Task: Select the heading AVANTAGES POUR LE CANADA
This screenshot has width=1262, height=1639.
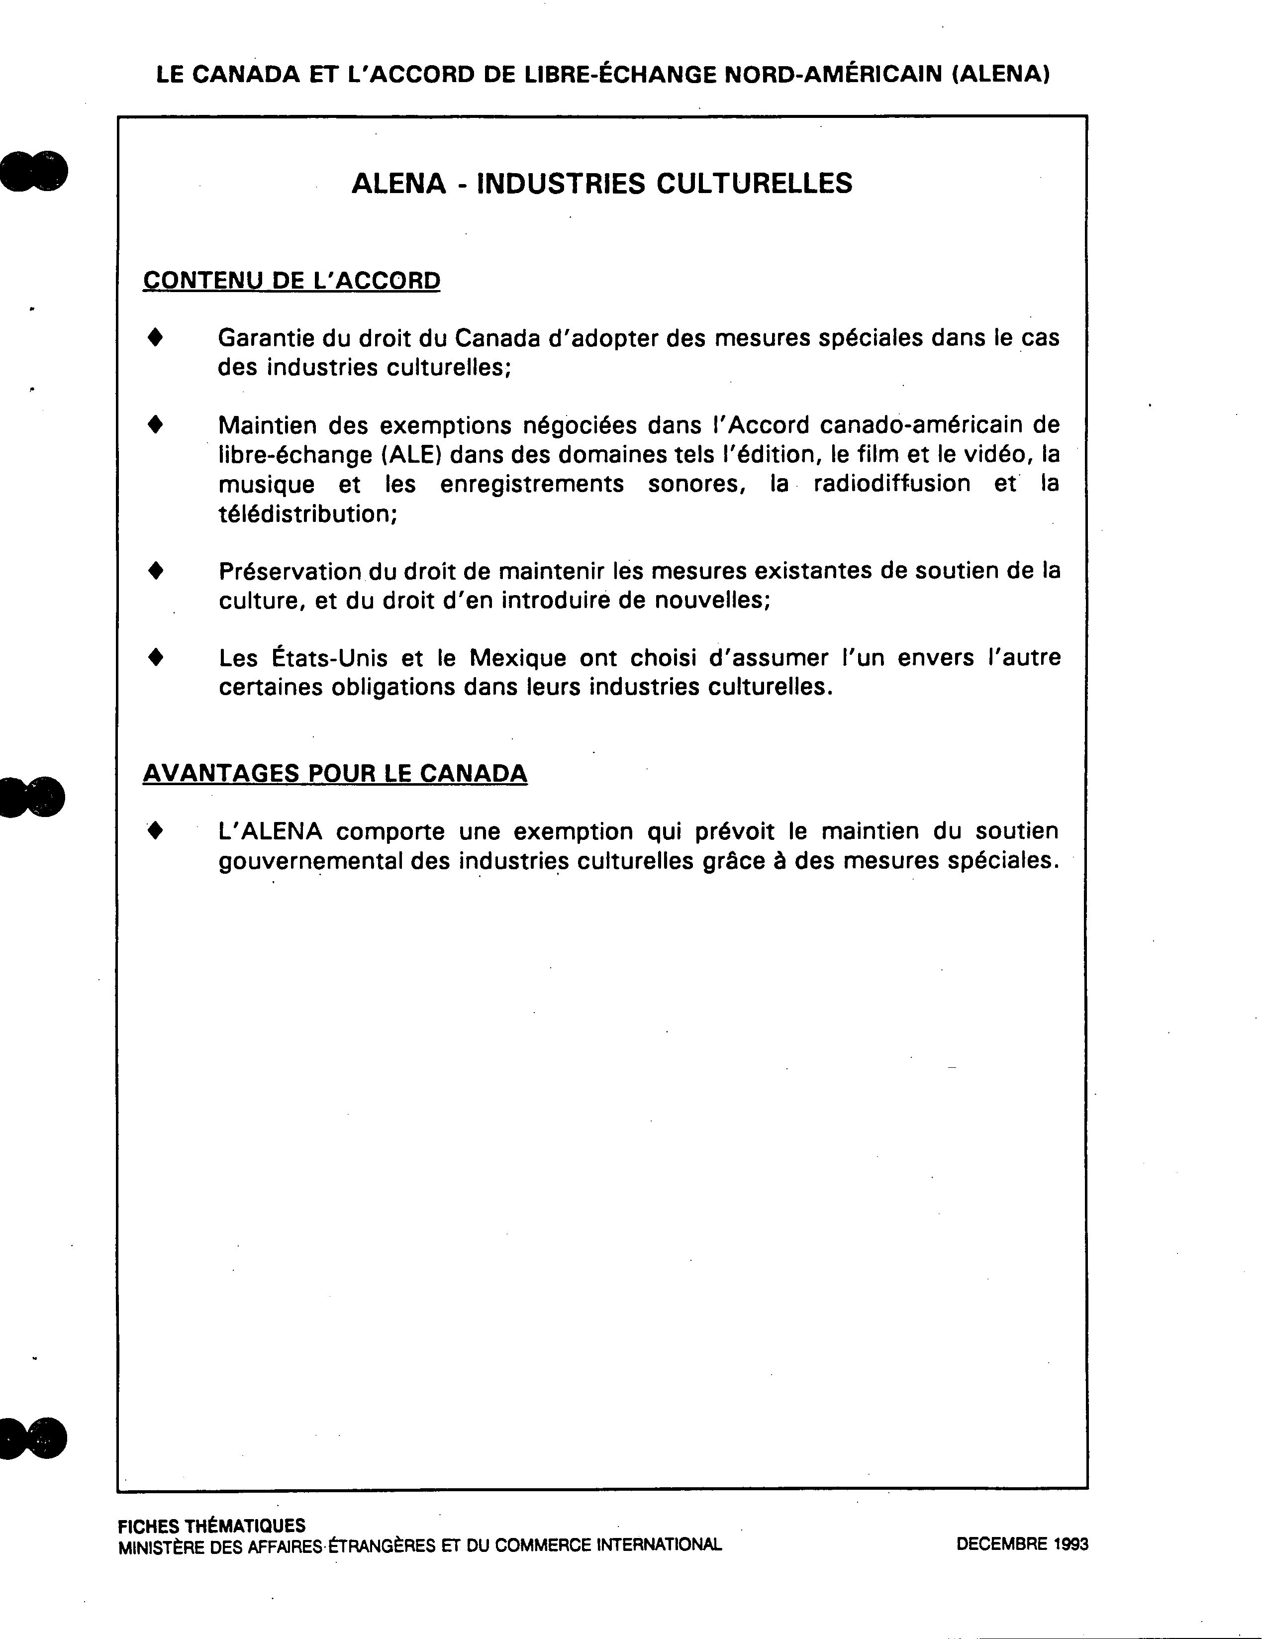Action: click(x=335, y=773)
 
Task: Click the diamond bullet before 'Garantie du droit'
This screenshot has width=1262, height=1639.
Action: click(x=155, y=338)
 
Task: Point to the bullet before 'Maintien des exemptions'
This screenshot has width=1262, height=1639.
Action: click(x=155, y=425)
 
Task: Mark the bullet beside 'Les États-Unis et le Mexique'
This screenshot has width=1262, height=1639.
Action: click(x=155, y=657)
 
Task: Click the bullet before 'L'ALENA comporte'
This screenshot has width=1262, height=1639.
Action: click(x=155, y=831)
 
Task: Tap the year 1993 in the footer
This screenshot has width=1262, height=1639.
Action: click(x=1070, y=1544)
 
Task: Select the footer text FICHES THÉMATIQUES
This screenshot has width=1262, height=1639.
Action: click(x=211, y=1526)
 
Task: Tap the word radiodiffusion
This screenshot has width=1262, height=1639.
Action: click(x=891, y=484)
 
